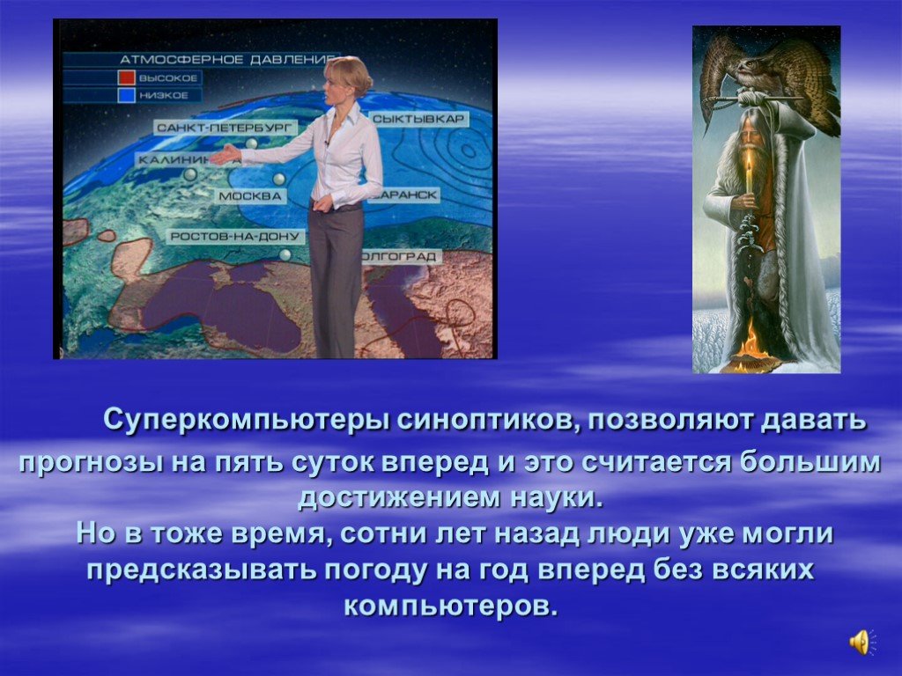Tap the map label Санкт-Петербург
[x=225, y=127]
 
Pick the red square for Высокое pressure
[x=127, y=77]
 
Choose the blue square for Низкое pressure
[x=127, y=95]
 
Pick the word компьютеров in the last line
[x=452, y=607]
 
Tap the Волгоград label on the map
[x=402, y=256]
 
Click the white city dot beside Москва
[x=279, y=179]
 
